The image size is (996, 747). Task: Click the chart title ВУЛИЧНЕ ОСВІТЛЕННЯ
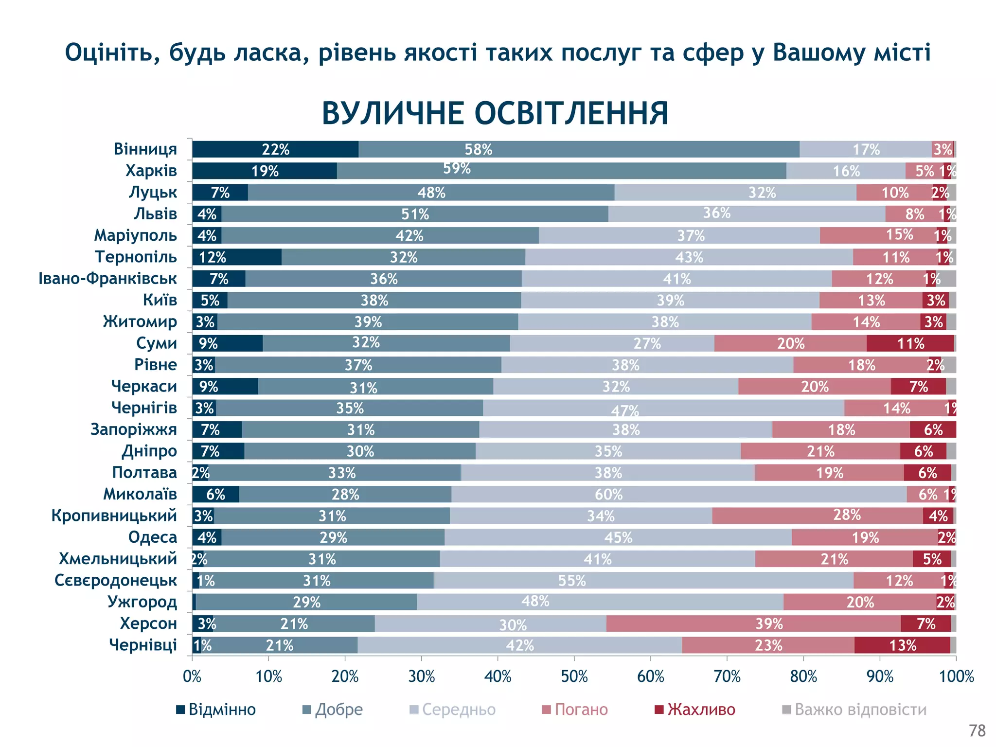(495, 114)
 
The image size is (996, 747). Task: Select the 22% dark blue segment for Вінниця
(275, 149)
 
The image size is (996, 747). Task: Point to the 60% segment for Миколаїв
(679, 494)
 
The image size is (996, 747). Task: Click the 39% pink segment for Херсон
(753, 623)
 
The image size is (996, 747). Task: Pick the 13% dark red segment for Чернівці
(902, 645)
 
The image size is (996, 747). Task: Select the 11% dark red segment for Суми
(910, 343)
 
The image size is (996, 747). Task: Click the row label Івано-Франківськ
(107, 279)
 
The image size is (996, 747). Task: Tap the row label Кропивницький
(114, 516)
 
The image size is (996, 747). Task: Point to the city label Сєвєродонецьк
(116, 580)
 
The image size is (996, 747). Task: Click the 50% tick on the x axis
(574, 676)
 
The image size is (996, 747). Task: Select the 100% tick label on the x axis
(956, 676)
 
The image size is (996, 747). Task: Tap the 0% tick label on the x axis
(192, 676)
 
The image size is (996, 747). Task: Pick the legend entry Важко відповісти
(854, 710)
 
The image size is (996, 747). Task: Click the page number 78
(977, 730)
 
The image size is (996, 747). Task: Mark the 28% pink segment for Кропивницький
(817, 516)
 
